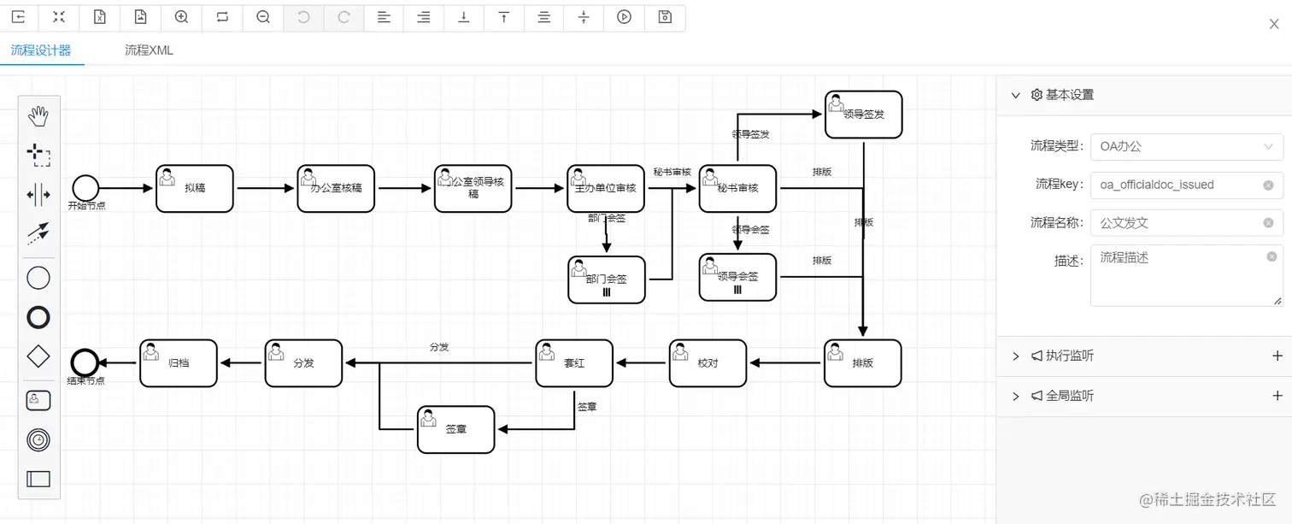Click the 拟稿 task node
pyautogui.click(x=195, y=188)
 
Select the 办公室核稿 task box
pyautogui.click(x=336, y=188)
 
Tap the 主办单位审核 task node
pyautogui.click(x=605, y=188)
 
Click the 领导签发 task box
pyautogui.click(x=863, y=115)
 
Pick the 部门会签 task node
pyautogui.click(x=607, y=280)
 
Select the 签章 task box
pyautogui.click(x=455, y=429)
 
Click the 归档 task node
pyautogui.click(x=179, y=363)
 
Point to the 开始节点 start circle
pyautogui.click(x=86, y=187)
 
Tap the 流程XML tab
pyautogui.click(x=149, y=50)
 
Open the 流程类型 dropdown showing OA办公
pyautogui.click(x=1186, y=146)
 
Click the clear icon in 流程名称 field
pyautogui.click(x=1268, y=223)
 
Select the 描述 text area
pyautogui.click(x=1186, y=275)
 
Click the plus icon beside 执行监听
pyautogui.click(x=1277, y=356)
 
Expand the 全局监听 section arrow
pyautogui.click(x=1016, y=397)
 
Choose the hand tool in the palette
pyautogui.click(x=38, y=116)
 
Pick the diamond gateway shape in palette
pyautogui.click(x=38, y=356)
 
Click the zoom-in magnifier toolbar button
pyautogui.click(x=181, y=16)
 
